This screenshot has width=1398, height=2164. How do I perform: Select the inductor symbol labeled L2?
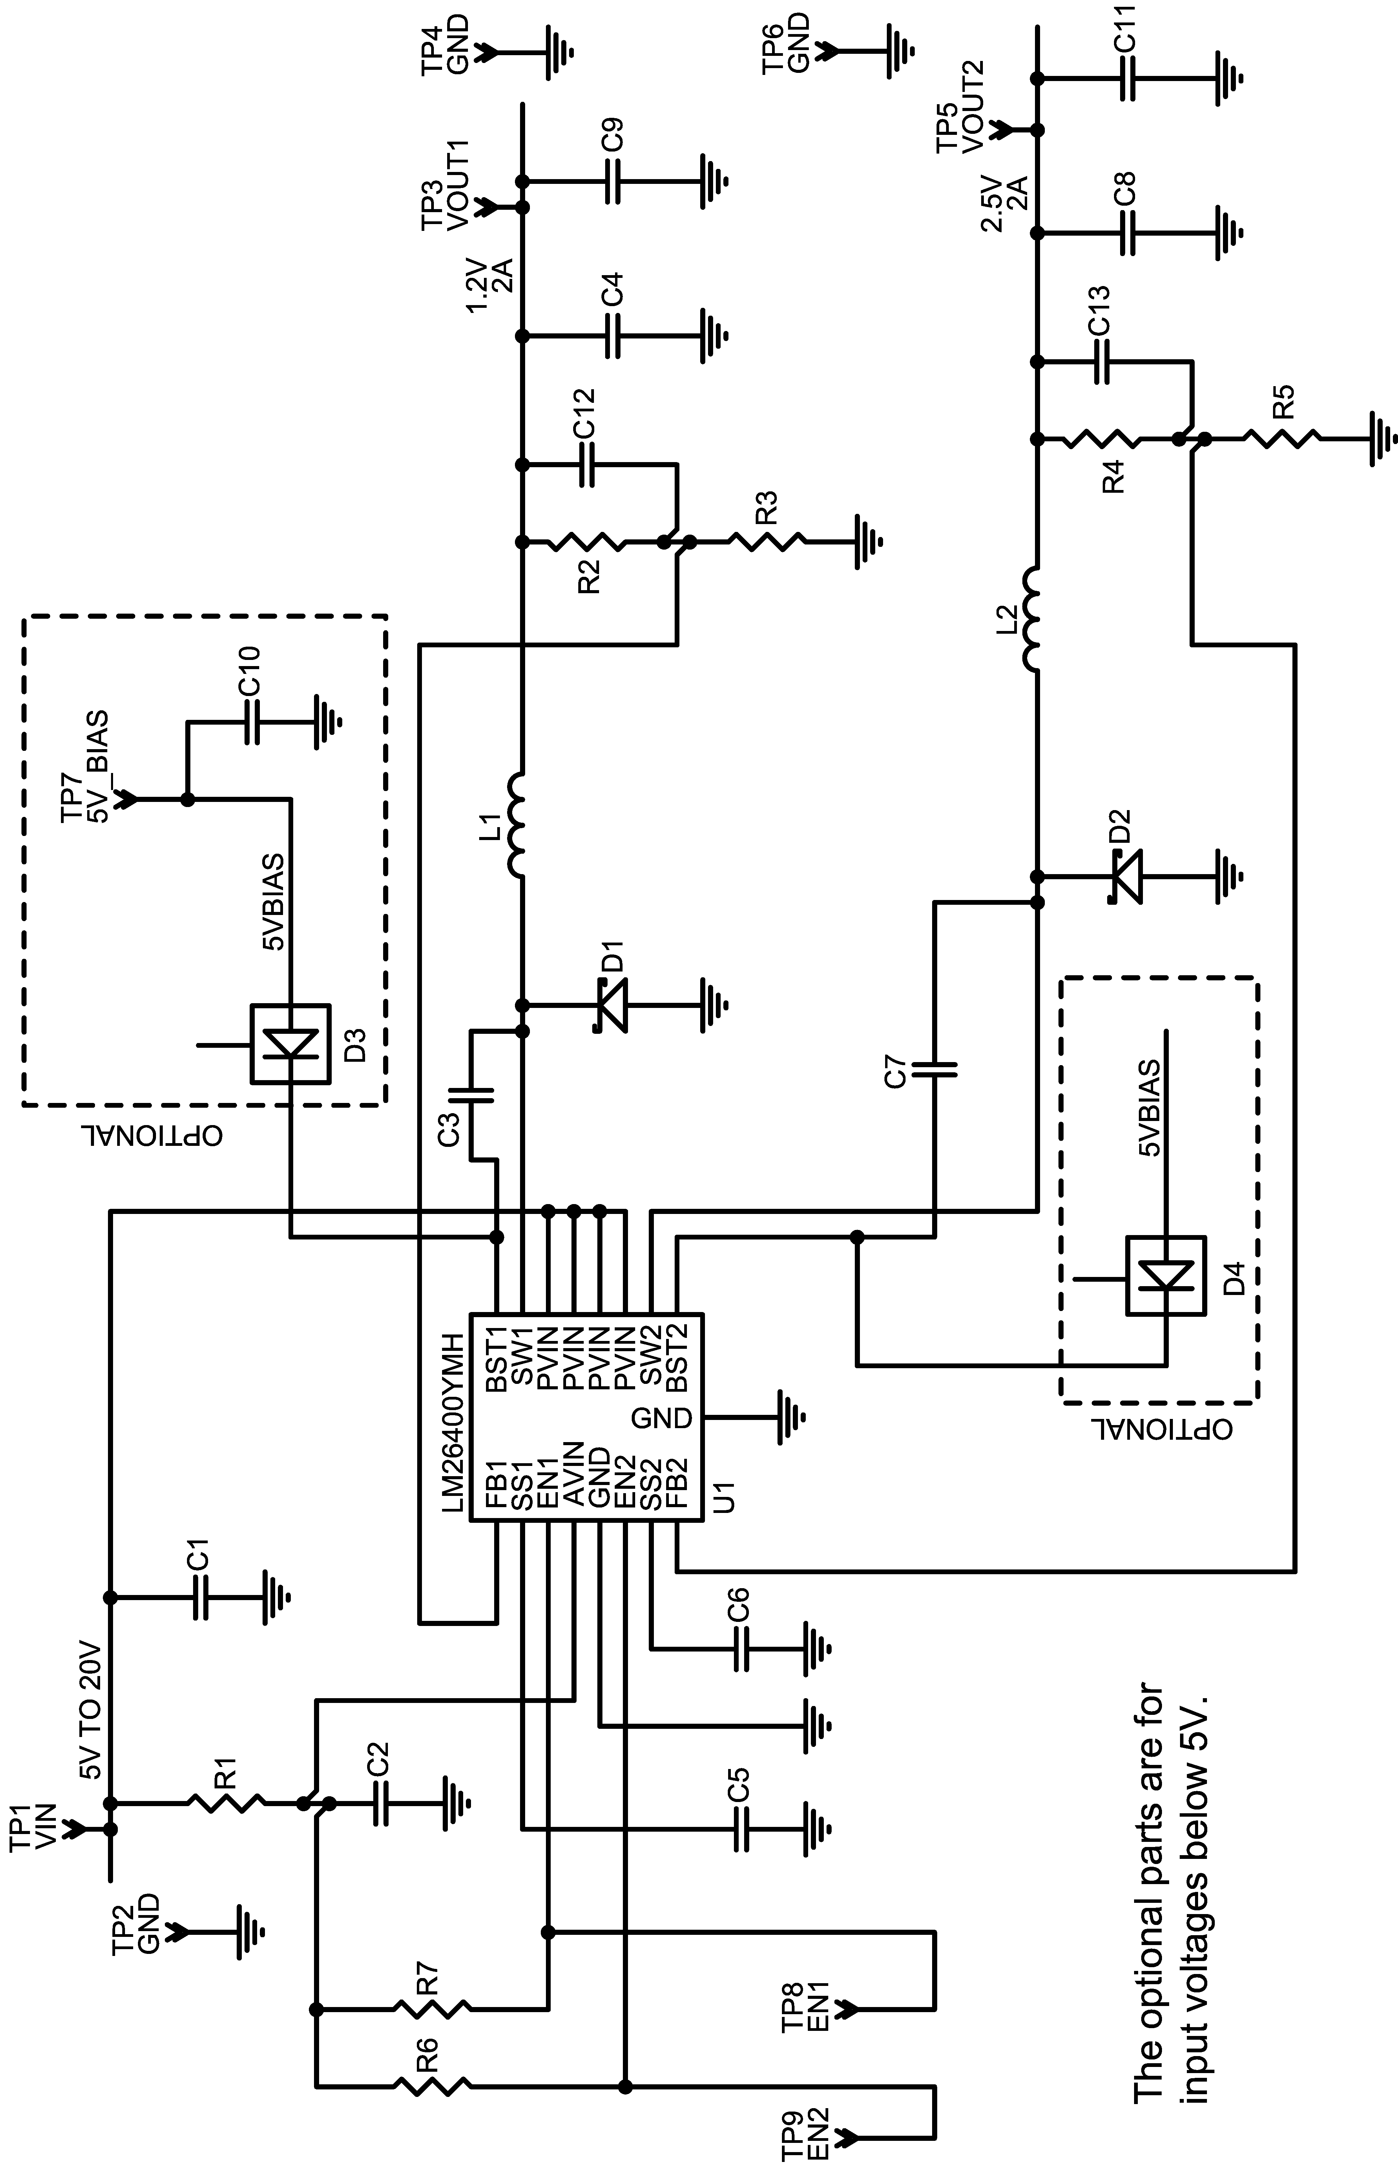1033,620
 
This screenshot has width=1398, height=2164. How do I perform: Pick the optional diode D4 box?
1166,1275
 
